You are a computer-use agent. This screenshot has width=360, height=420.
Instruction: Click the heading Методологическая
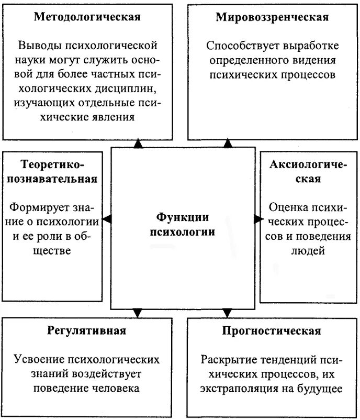[87, 17]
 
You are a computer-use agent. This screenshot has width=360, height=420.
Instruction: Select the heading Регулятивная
[87, 330]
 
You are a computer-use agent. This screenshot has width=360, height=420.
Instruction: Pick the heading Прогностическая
[271, 330]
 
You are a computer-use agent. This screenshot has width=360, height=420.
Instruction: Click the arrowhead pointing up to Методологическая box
[138, 143]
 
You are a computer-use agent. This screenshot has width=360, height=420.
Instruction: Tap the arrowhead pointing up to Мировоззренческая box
[228, 143]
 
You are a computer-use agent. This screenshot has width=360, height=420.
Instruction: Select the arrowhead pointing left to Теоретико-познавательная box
[107, 219]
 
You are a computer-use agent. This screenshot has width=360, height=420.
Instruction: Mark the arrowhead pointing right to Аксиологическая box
[257, 219]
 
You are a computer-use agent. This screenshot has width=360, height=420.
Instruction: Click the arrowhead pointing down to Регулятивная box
[137, 313]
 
